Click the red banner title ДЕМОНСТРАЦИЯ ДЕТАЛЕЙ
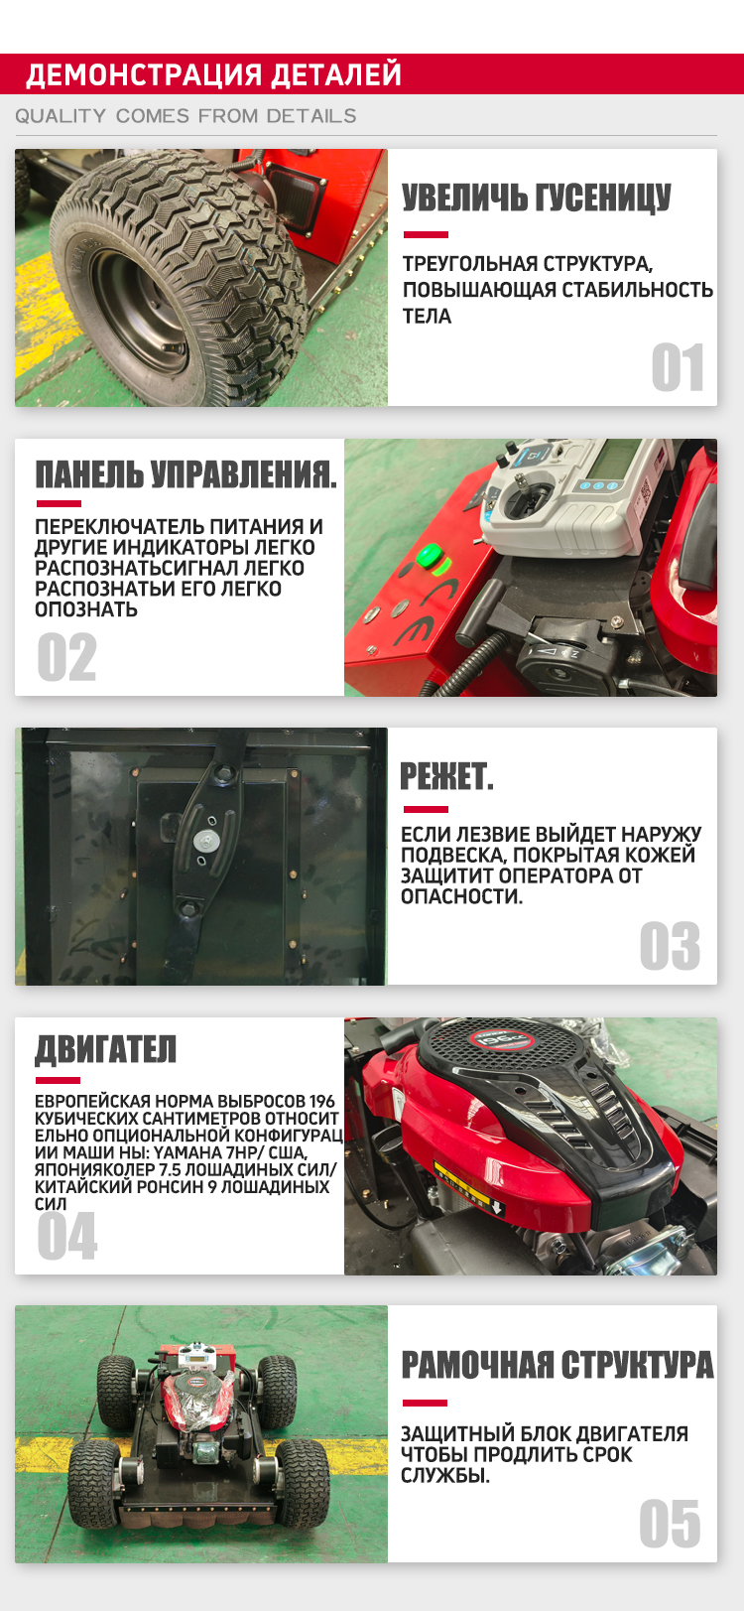[213, 74]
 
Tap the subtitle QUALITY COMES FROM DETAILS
[186, 116]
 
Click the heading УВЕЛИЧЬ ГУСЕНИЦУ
[537, 198]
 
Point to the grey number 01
[678, 367]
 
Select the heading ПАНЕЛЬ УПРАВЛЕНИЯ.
[186, 474]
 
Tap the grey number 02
[66, 657]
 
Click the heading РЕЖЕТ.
[446, 777]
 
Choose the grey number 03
[670, 946]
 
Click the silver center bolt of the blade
[206, 839]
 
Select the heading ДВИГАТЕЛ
[106, 1049]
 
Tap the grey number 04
[67, 1236]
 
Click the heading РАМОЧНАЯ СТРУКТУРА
[558, 1365]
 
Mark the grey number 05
[670, 1524]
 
